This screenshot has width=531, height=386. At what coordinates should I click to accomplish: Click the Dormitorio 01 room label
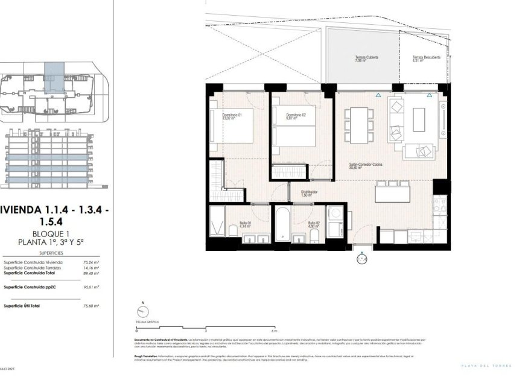click(232, 116)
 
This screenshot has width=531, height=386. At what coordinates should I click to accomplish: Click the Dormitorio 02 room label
click(296, 116)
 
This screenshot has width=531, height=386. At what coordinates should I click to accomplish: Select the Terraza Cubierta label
click(366, 59)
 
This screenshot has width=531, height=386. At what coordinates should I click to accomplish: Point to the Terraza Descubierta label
click(426, 59)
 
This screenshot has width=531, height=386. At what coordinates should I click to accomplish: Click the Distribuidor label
click(310, 193)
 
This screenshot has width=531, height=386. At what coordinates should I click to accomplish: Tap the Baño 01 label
click(246, 225)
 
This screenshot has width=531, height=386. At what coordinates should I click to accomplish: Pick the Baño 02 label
click(313, 225)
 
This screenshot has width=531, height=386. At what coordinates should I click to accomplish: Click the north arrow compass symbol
click(143, 310)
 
